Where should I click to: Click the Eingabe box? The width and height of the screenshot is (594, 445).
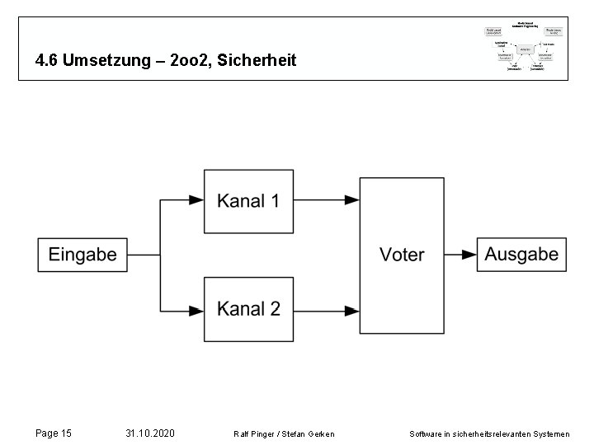click(x=82, y=255)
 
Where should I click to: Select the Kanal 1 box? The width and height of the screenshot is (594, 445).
click(x=248, y=200)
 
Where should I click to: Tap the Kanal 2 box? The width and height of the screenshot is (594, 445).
click(x=248, y=309)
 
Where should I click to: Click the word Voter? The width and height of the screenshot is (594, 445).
click(x=402, y=255)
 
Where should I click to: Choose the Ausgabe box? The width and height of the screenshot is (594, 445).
click(x=521, y=255)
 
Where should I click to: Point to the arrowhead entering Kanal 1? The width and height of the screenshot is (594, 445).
click(x=196, y=199)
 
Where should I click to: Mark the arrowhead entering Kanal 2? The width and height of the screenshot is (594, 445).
click(x=196, y=311)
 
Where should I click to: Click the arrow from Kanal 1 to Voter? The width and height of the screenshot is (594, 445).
click(x=327, y=199)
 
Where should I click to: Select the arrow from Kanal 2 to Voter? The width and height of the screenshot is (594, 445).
click(x=327, y=311)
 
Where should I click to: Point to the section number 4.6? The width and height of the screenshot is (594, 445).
click(x=48, y=61)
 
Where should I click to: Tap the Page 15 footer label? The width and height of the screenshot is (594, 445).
click(x=54, y=432)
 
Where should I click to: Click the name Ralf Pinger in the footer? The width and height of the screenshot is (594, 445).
click(x=253, y=433)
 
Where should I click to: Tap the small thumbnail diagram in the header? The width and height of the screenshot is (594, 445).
click(x=523, y=48)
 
